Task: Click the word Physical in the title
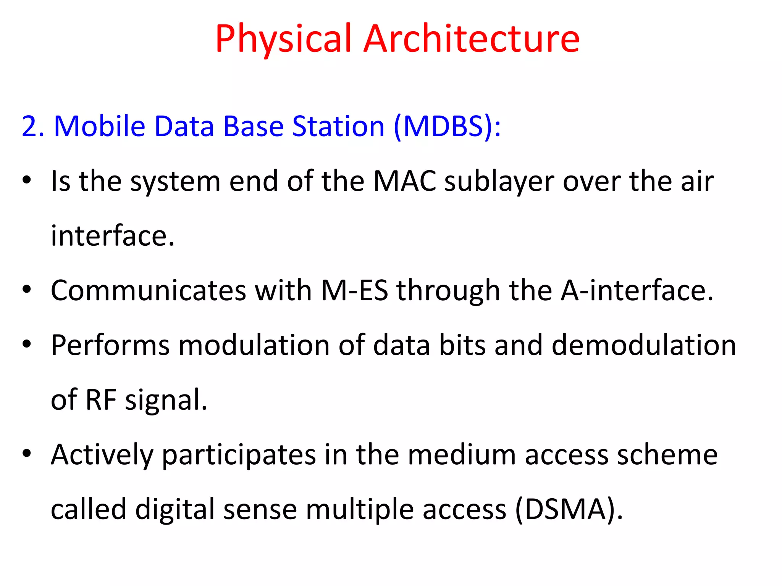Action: pos(283,39)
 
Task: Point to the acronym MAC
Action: pos(404,181)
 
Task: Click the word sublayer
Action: pos(499,182)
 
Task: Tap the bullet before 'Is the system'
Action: pos(26,180)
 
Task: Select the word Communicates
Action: pos(149,290)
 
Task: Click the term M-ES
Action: pos(354,290)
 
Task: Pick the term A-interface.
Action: pos(637,290)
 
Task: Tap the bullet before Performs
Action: pos(26,344)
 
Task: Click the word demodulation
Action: pos(644,345)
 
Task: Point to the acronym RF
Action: pos(101,399)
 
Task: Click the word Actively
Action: pos(102,455)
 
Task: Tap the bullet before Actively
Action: pos(26,453)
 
